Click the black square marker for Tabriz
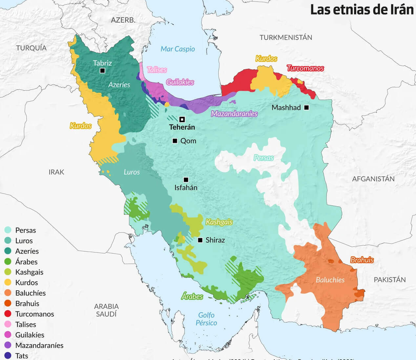102,71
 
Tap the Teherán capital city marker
182,119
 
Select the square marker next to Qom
175,141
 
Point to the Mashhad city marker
306,107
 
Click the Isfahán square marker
186,180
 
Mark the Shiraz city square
200,240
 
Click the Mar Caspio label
177,49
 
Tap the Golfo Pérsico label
206,319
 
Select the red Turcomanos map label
305,68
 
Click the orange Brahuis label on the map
362,260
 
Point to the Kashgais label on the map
219,222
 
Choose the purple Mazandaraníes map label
234,114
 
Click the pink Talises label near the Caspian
157,70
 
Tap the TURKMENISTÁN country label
286,37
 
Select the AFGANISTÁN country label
373,179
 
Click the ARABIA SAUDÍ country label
106,310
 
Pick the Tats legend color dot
8,356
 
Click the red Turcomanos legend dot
8,314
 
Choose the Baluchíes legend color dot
8,293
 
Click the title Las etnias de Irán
362,10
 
